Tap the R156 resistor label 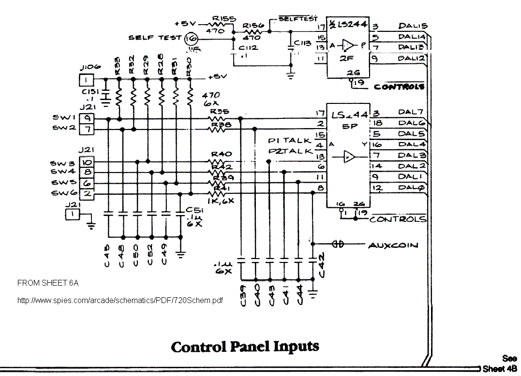[253, 26]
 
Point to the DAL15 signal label [413, 26]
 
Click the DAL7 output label [411, 112]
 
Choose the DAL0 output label [411, 188]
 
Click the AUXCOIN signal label [393, 246]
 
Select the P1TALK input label [289, 141]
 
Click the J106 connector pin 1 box [86, 80]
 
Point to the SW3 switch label [61, 163]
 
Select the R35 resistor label [220, 111]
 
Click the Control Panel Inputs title [245, 347]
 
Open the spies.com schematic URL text [120, 301]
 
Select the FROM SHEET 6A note [47, 283]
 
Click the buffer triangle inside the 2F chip [348, 46]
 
